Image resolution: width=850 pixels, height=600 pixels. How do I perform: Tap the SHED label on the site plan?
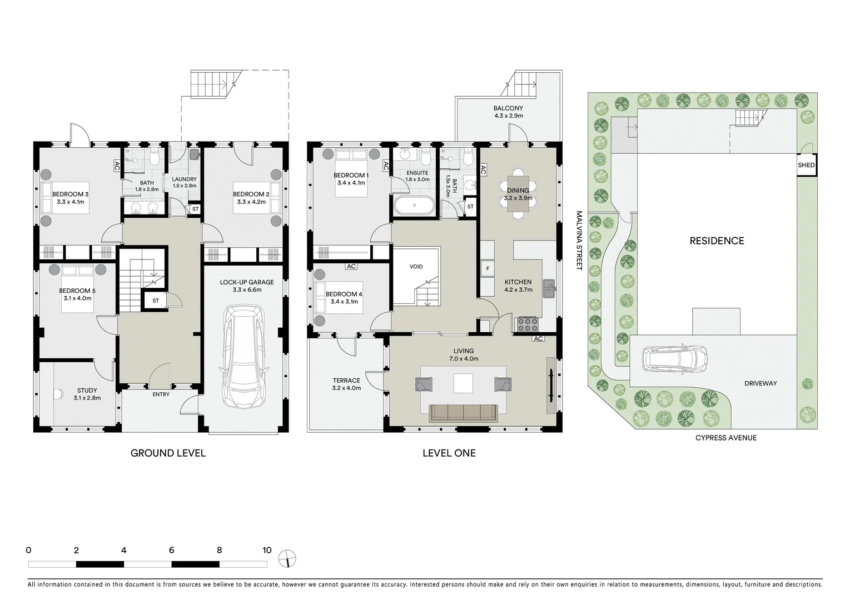click(806, 165)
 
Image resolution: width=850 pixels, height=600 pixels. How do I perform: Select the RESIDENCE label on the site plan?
click(717, 241)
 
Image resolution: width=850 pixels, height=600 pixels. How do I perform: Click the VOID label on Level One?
click(416, 267)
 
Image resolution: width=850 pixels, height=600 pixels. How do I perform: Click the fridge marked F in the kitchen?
click(488, 269)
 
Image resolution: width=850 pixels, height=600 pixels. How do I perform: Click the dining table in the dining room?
click(518, 193)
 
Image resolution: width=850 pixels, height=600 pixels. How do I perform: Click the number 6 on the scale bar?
click(171, 550)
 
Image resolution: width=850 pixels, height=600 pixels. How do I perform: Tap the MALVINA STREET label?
click(578, 240)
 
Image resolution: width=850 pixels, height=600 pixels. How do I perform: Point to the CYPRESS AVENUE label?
click(725, 438)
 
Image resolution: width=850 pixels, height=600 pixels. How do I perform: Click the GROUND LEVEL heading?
click(168, 453)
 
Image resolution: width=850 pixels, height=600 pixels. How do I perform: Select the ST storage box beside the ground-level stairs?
click(155, 301)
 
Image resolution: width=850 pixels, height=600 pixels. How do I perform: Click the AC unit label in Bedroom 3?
click(117, 166)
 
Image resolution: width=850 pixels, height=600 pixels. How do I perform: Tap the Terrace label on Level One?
click(346, 381)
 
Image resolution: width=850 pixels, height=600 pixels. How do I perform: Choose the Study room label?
click(87, 391)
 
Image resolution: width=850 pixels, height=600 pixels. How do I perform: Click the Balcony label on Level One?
click(508, 108)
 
